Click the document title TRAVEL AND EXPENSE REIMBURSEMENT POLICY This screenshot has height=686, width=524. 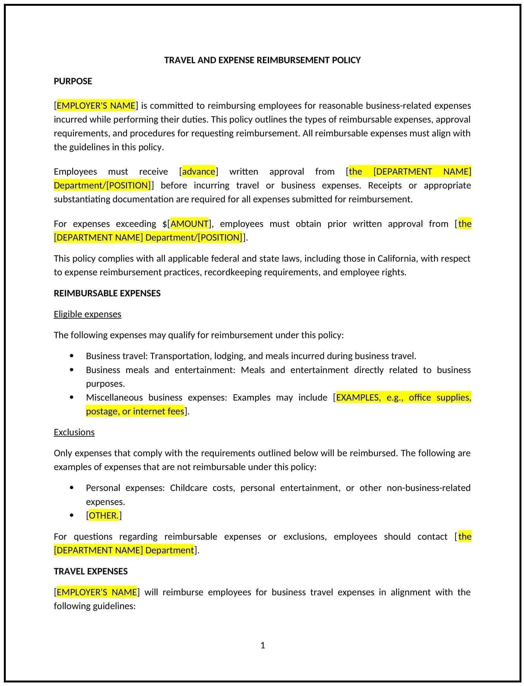tap(262, 60)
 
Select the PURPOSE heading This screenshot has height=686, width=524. tap(73, 81)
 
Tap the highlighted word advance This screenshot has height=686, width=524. tap(198, 171)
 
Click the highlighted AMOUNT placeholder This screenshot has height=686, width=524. tap(189, 224)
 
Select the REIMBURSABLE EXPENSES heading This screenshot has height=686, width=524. tap(107, 293)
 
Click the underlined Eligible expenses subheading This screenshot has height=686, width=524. tap(87, 314)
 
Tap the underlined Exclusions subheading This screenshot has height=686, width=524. tap(74, 432)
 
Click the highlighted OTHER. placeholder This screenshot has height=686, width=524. tap(104, 515)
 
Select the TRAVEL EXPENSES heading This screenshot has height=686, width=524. tap(91, 571)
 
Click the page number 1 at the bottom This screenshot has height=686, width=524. tap(263, 645)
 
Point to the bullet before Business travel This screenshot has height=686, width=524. tap(71, 356)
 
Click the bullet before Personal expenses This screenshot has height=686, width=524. tap(71, 488)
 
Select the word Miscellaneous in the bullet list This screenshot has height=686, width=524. tap(114, 397)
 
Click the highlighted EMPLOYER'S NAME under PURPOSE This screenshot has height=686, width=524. tap(96, 105)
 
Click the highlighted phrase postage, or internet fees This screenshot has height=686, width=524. tap(135, 411)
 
